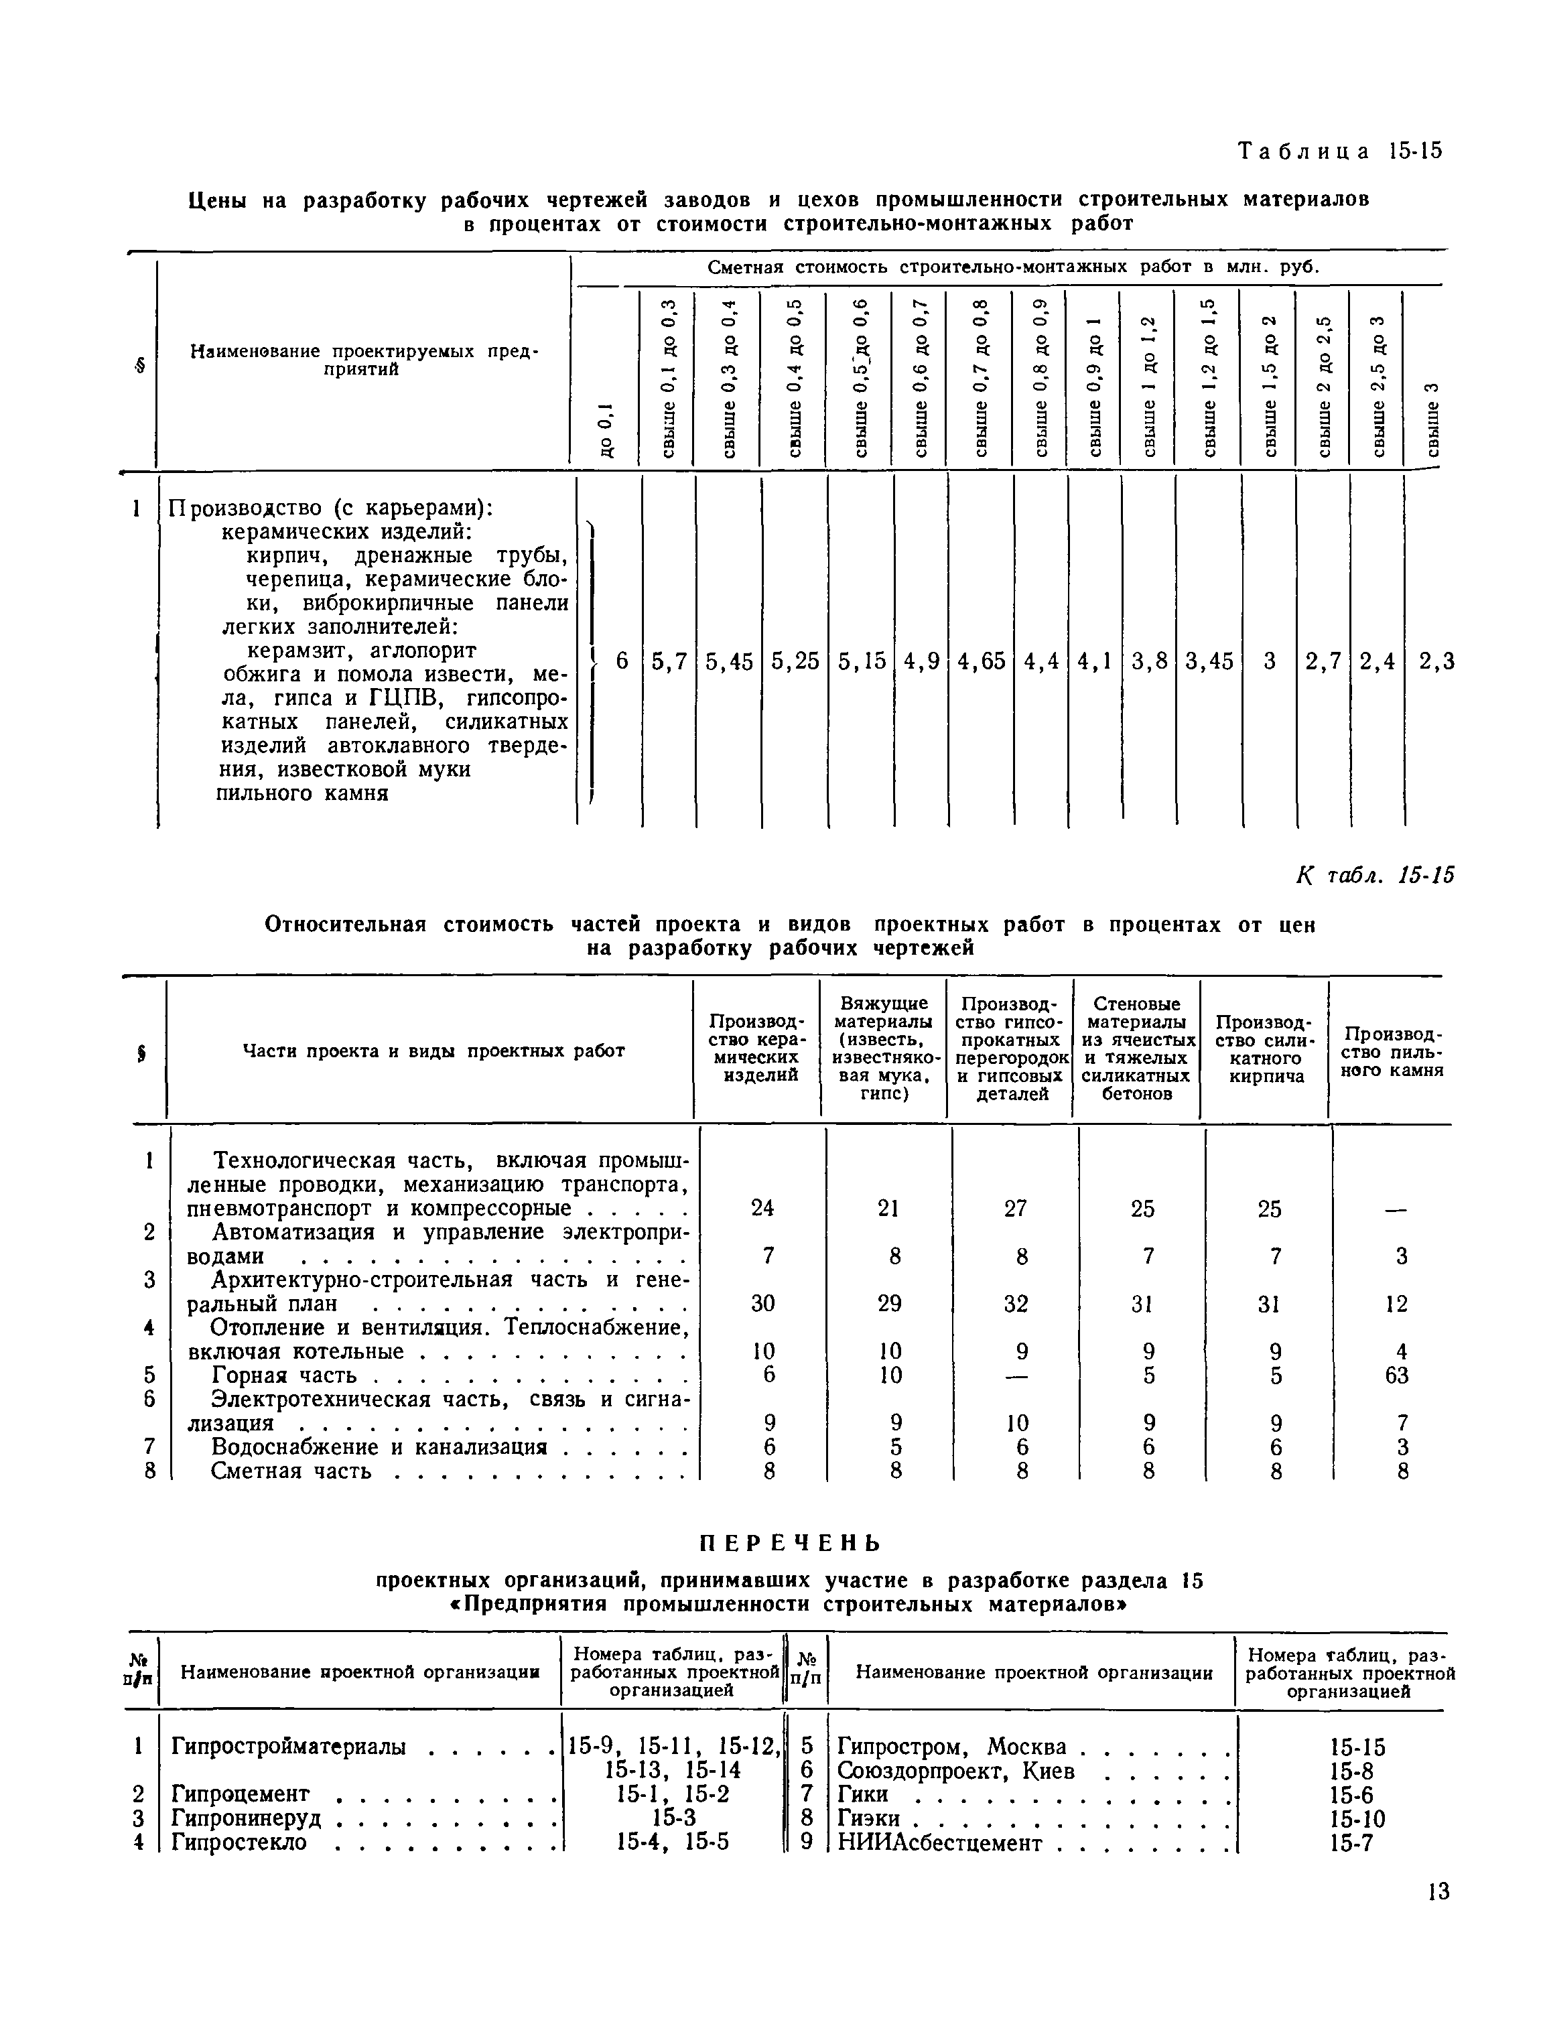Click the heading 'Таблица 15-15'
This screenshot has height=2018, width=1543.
[1339, 151]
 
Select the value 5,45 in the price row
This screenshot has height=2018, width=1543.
[729, 661]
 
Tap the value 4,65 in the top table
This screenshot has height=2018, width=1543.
[980, 661]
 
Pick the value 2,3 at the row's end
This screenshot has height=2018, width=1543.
[1436, 661]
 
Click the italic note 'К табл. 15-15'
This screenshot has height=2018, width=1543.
[1374, 876]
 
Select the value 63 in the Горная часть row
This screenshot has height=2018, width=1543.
[1396, 1375]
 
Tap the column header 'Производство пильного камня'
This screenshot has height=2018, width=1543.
[1394, 1051]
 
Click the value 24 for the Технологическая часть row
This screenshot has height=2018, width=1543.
[762, 1208]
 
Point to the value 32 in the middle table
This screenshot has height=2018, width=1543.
[1015, 1303]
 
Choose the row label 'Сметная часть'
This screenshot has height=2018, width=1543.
[291, 1471]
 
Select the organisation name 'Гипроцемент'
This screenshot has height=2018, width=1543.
[241, 1794]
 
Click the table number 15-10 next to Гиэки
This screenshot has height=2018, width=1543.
[1357, 1819]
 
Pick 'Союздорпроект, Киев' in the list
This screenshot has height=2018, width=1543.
[955, 1771]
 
